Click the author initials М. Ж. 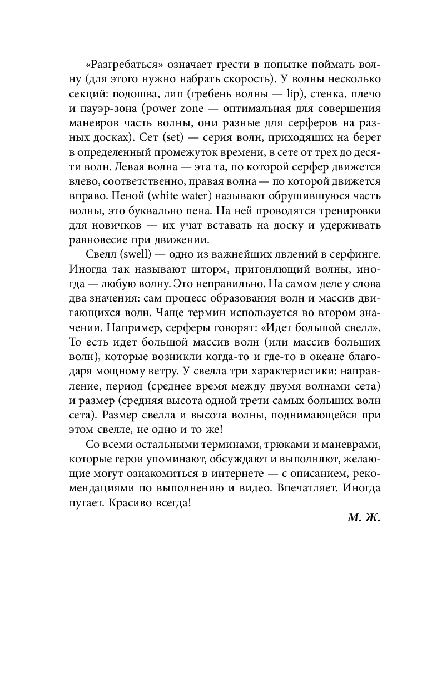364,518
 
